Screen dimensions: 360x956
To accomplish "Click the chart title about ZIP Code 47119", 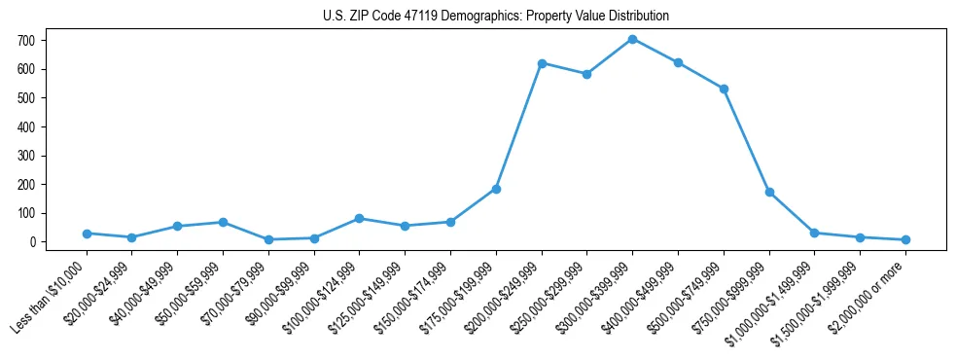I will (x=495, y=17).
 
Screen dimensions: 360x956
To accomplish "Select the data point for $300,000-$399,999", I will (x=632, y=39).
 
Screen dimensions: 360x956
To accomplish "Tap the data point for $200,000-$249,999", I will (x=542, y=63).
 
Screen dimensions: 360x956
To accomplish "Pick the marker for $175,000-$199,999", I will (x=496, y=189).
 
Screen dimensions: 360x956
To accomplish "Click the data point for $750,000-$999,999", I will (x=769, y=193).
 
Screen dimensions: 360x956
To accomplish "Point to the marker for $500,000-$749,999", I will (x=724, y=89).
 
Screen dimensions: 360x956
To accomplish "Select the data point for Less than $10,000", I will (x=87, y=234).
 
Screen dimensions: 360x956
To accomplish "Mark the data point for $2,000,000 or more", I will (x=905, y=239).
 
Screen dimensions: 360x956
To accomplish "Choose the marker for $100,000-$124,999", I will (x=360, y=218).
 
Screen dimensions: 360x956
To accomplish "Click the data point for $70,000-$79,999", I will (x=268, y=239).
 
